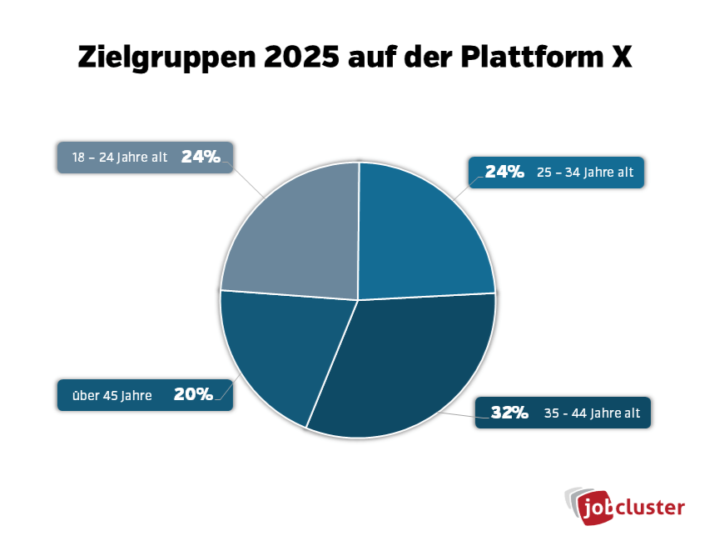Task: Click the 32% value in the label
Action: [x=509, y=412]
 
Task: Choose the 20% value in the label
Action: [x=193, y=394]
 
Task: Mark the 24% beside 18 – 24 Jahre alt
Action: [x=201, y=157]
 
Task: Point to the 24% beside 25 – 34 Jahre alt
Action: [x=504, y=173]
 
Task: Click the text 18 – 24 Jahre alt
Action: [x=120, y=158]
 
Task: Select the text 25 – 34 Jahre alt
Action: [x=586, y=173]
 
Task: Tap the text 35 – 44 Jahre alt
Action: [x=592, y=413]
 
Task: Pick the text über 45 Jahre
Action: [x=112, y=395]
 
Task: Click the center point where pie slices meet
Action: [x=358, y=300]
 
